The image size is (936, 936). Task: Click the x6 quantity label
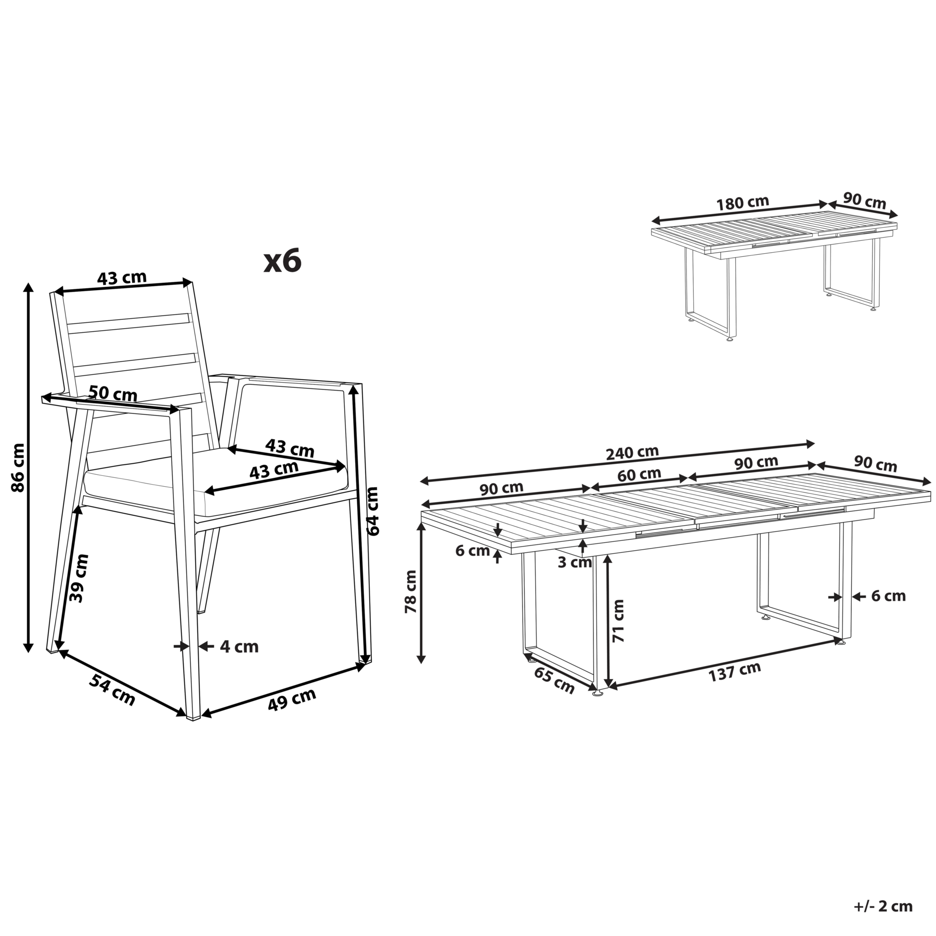pyautogui.click(x=282, y=261)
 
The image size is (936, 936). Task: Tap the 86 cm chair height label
pyautogui.click(x=18, y=467)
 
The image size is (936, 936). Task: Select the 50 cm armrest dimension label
pyautogui.click(x=113, y=394)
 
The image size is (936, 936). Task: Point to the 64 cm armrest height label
pyautogui.click(x=373, y=511)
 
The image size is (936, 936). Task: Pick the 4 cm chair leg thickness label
pyautogui.click(x=239, y=646)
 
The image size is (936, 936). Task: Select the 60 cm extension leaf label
pyautogui.click(x=639, y=475)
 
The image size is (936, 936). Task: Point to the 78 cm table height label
pyautogui.click(x=411, y=591)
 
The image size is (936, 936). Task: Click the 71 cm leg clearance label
pyautogui.click(x=618, y=620)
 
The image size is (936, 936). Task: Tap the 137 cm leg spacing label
pyautogui.click(x=735, y=672)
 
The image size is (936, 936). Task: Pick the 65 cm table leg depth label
pyautogui.click(x=554, y=680)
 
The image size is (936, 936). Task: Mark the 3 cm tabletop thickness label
pyautogui.click(x=575, y=562)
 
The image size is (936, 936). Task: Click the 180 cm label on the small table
pyautogui.click(x=743, y=203)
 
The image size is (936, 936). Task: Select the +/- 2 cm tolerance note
pyautogui.click(x=883, y=906)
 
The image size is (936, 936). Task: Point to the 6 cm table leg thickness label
pyautogui.click(x=888, y=596)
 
